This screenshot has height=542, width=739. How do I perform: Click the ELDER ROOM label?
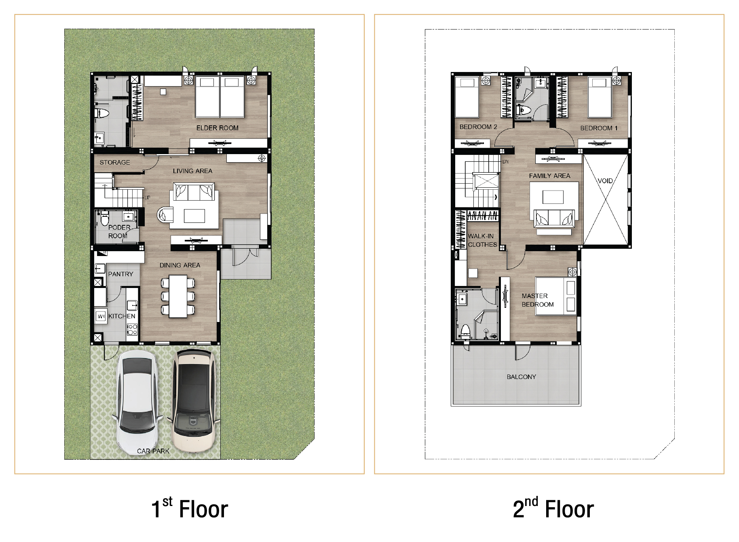coord(217,128)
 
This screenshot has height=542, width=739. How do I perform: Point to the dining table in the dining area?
coord(178,296)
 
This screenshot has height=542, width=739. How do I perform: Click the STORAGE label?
coord(115,162)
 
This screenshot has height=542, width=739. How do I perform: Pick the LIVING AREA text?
coord(192,171)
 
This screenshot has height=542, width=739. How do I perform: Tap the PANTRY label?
coord(120,274)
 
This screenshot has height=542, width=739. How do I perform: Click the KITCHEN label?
coord(122,316)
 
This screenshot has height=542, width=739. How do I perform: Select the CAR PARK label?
coord(153,451)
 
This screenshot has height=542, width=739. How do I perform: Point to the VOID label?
coord(605,181)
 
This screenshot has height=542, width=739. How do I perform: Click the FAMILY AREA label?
coord(549,176)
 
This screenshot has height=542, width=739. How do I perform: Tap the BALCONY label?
coord(522,377)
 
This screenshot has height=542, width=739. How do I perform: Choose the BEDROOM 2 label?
coord(478,127)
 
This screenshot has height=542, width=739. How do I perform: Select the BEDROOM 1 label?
coord(599,128)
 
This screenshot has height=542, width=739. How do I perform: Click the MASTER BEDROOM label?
coord(538,300)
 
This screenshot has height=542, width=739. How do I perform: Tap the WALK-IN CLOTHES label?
coord(482,240)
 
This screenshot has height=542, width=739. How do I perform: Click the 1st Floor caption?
coord(190,508)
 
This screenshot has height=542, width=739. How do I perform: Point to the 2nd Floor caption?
coord(553,508)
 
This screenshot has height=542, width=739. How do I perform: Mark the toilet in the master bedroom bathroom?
coord(465,331)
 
